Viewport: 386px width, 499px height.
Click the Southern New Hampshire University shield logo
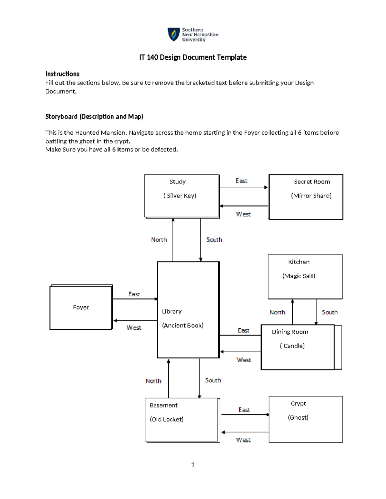(174, 34)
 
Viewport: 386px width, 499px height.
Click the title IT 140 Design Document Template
(193, 58)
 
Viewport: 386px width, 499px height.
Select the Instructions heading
(62, 74)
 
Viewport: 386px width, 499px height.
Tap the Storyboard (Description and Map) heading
(94, 117)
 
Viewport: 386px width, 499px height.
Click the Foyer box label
(81, 307)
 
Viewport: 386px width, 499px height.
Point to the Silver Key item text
(180, 196)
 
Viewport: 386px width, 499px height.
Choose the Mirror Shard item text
(311, 196)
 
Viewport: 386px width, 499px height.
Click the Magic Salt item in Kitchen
(299, 276)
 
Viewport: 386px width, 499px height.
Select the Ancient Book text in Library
(183, 325)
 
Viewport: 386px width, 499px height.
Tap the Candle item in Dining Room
(292, 346)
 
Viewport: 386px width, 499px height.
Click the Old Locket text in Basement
(167, 419)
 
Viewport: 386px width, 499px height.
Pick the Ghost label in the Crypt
(298, 417)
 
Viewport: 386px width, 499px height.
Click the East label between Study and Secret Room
(241, 181)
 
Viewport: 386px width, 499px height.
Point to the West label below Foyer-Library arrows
(134, 328)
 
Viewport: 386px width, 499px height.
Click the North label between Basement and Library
(153, 381)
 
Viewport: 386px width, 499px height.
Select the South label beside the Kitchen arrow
(330, 312)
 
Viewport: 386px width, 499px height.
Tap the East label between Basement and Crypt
(244, 410)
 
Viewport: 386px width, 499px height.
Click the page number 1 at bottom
(193, 464)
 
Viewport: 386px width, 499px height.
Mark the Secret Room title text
(312, 182)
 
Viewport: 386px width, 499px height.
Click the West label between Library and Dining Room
(244, 360)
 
